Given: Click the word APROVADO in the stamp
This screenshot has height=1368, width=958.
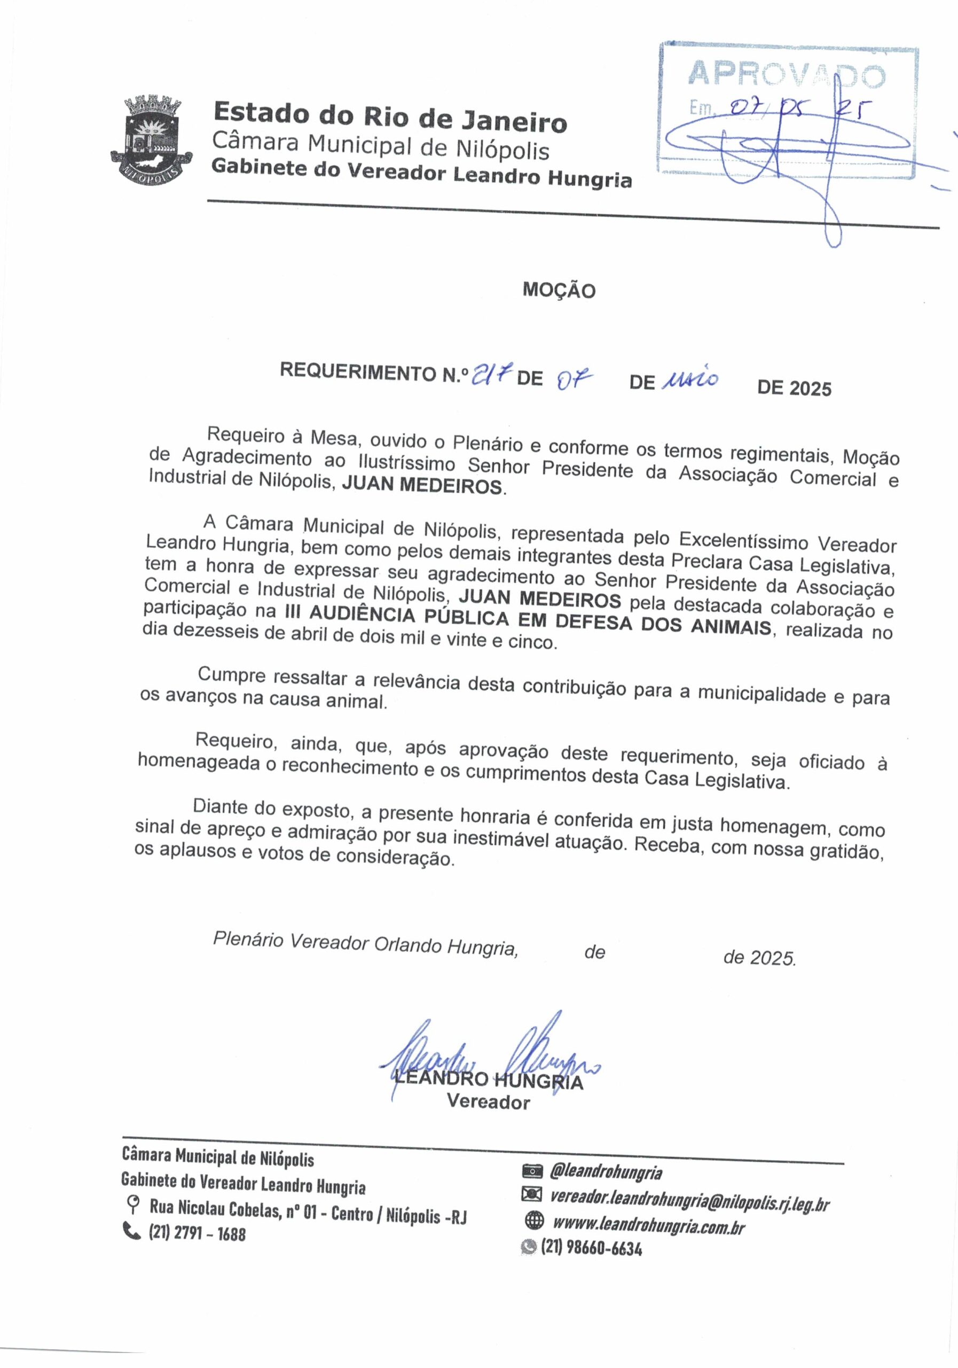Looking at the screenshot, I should point(787,74).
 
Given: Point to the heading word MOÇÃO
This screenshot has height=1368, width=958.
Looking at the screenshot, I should point(559,290).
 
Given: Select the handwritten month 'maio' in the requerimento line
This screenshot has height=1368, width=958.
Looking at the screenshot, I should point(690,379).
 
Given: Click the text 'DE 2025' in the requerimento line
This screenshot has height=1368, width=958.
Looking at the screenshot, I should point(794,388).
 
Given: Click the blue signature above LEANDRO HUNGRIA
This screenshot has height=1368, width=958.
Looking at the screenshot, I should point(488,1058).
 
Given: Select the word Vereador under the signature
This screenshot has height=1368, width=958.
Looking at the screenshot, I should point(488,1102).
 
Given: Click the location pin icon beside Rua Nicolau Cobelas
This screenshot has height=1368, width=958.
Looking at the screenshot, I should point(133,1204).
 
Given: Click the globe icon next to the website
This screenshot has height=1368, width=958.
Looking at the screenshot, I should point(534,1221).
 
